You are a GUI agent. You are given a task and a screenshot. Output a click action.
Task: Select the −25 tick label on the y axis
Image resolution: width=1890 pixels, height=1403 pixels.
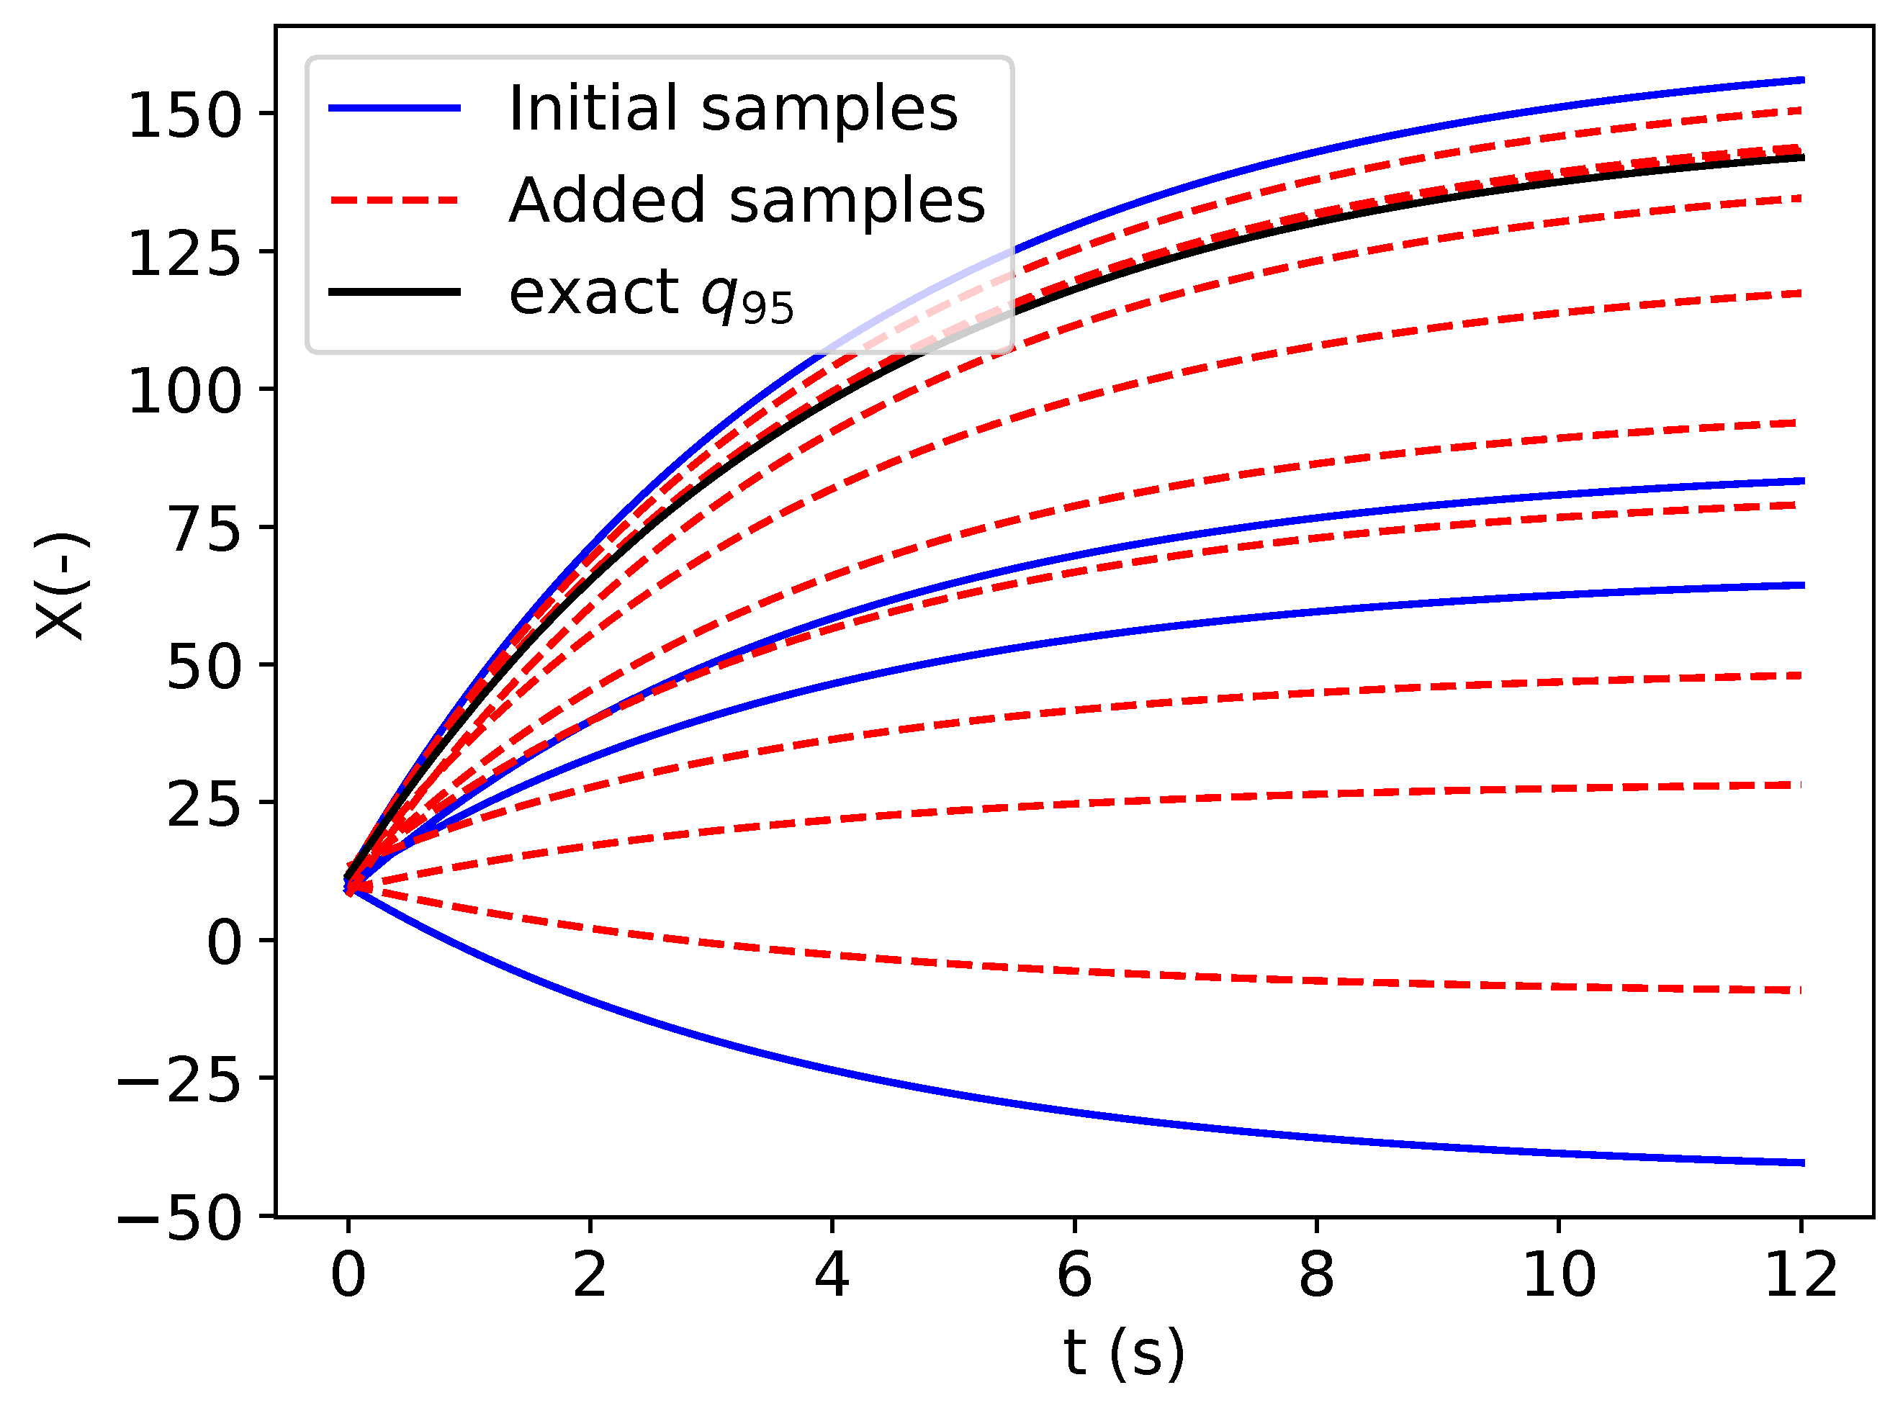(179, 1081)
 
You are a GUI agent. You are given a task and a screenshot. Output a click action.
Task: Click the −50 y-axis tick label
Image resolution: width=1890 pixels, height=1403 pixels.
(179, 1219)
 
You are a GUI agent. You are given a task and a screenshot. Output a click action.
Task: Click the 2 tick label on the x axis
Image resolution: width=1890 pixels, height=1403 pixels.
(590, 1276)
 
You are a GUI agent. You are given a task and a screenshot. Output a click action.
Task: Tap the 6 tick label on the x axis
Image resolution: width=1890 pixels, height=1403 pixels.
(1074, 1276)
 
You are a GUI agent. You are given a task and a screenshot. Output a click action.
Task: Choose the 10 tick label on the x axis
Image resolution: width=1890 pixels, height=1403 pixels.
(1559, 1276)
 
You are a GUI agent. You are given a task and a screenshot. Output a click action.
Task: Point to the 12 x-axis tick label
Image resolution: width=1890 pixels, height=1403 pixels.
(1800, 1276)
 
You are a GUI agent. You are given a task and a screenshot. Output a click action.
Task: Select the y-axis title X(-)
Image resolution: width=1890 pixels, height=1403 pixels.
(61, 586)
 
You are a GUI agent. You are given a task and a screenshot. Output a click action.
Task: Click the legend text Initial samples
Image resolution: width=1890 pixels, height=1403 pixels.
(732, 109)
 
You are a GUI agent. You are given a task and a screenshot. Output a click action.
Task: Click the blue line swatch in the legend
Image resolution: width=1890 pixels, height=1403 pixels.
(395, 109)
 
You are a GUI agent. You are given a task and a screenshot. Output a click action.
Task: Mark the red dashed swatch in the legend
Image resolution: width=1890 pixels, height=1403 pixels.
(395, 200)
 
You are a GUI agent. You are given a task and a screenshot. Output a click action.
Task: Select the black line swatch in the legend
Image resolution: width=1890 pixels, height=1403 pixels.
(395, 292)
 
